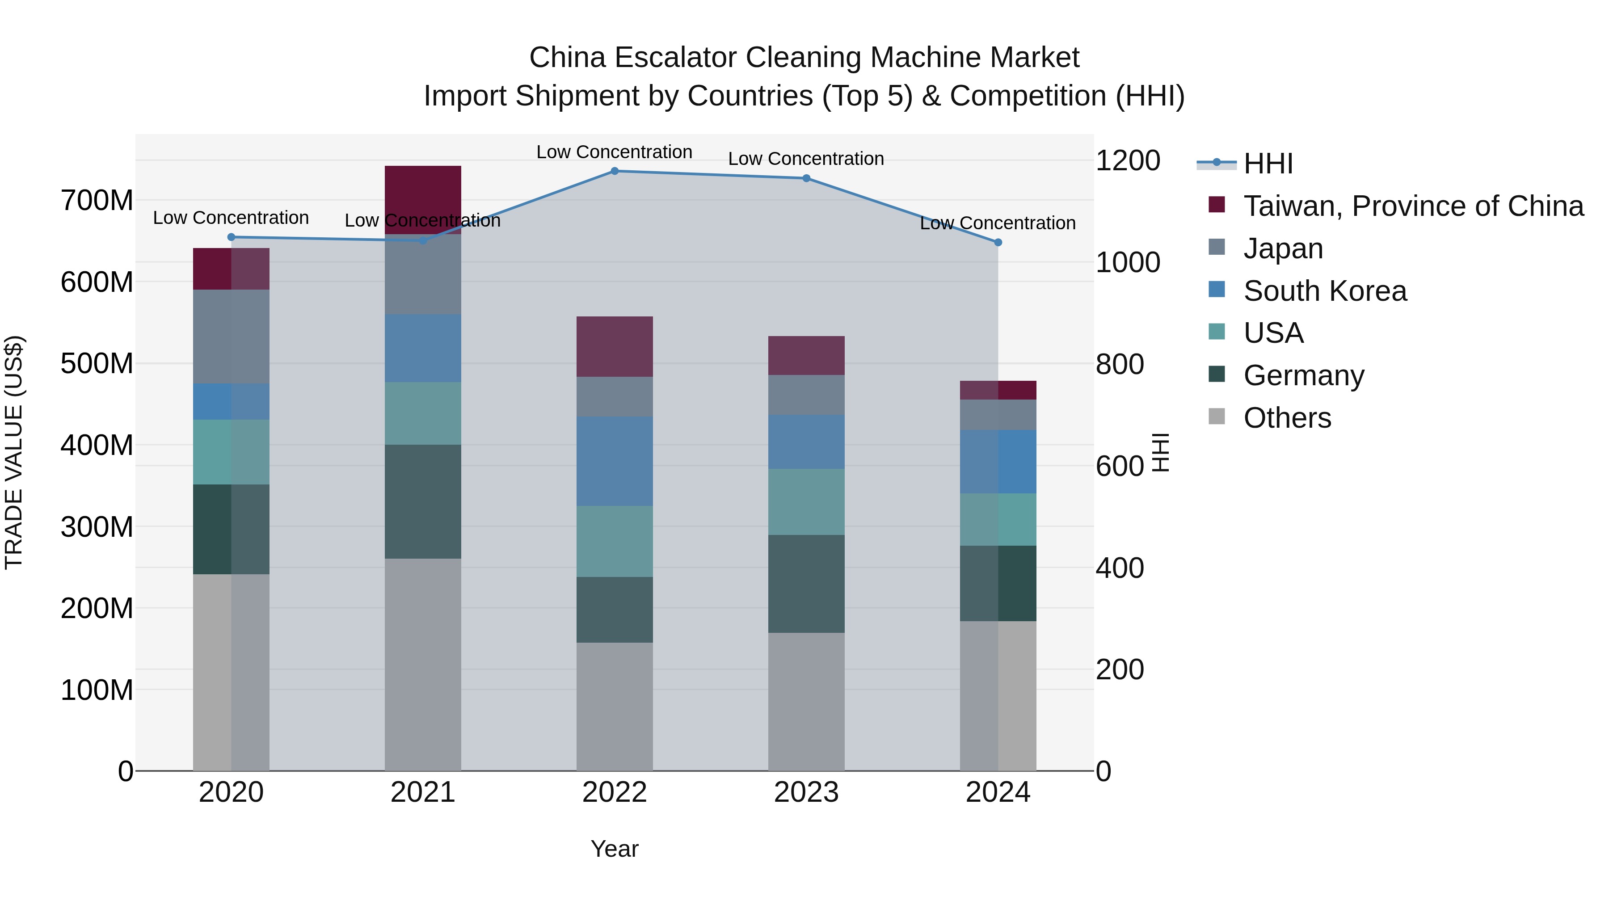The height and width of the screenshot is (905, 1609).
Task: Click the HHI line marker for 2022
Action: click(x=614, y=171)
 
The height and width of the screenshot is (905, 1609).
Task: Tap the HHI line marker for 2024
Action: click(x=998, y=242)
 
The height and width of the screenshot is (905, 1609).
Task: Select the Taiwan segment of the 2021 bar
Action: click(x=423, y=200)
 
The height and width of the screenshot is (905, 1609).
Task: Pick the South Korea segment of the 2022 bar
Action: click(x=614, y=461)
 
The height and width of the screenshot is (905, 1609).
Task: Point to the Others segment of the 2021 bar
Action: click(x=423, y=664)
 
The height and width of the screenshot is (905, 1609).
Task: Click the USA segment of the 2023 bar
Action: click(x=806, y=501)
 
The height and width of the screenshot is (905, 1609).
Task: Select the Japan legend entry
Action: click(x=1282, y=248)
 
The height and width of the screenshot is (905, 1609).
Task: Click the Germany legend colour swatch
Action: click(x=1216, y=374)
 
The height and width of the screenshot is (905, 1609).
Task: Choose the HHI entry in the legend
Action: click(x=1268, y=164)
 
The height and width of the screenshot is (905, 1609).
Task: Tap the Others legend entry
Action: click(x=1287, y=418)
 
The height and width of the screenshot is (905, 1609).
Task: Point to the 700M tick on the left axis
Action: click(x=97, y=201)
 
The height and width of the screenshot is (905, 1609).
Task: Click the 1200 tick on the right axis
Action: click(x=1128, y=160)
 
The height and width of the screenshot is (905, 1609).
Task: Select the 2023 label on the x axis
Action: click(x=806, y=792)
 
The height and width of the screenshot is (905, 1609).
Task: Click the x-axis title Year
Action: click(x=614, y=849)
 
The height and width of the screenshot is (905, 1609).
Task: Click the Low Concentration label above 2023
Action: click(x=806, y=159)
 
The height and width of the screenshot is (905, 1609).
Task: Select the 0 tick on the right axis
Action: click(x=1104, y=771)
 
